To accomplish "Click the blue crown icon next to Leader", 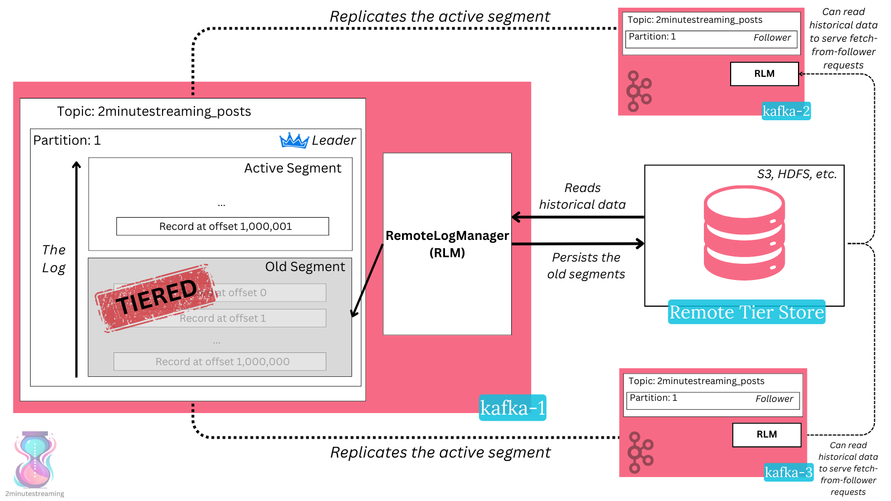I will [293, 140].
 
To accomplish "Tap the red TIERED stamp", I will [156, 298].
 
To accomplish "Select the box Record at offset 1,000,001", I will [223, 227].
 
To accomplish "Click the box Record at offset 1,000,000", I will [220, 362].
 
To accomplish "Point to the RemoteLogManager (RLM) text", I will [447, 244].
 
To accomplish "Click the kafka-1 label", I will [512, 408].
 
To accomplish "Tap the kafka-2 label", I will [786, 111].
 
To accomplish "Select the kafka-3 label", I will [789, 473].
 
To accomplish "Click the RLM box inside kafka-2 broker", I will [764, 74].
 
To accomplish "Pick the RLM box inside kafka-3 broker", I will [766, 435].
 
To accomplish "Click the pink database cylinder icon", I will [744, 233].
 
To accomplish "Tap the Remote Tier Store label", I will [746, 312].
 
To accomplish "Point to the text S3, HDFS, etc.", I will [796, 174].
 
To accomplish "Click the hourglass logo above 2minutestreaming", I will [35, 460].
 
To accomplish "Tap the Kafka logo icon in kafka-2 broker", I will [639, 91].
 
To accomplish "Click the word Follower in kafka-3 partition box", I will [773, 399].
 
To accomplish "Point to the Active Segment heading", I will [292, 168].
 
